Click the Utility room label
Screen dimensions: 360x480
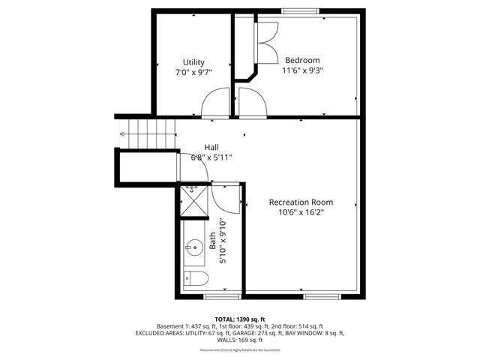[194, 62]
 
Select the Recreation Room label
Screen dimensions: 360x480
[301, 202]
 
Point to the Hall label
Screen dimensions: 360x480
[212, 147]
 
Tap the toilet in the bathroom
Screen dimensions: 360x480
[196, 280]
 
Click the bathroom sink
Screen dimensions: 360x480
[193, 246]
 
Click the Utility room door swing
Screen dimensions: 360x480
[214, 103]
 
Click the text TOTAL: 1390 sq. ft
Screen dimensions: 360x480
[239, 319]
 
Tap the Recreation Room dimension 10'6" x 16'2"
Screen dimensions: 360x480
[301, 212]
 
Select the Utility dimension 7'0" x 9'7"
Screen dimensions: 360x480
[194, 73]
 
